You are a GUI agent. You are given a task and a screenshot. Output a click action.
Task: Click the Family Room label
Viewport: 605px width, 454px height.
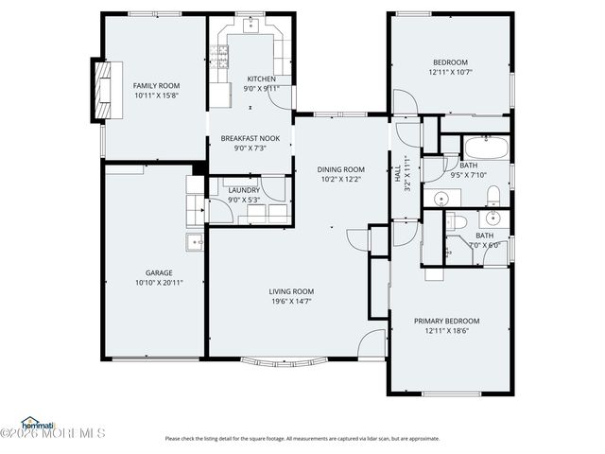(x=156, y=85)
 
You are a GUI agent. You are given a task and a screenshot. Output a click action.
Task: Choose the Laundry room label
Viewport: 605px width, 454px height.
(x=244, y=190)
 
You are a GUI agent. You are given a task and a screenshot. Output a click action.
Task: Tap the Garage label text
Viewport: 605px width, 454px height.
(x=158, y=272)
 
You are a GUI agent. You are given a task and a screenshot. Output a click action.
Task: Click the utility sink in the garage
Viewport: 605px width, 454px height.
(x=196, y=242)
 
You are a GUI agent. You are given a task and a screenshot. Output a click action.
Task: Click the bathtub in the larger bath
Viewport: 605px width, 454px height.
(x=487, y=148)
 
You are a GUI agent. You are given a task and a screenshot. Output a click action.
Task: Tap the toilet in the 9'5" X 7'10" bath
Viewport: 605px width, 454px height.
(x=493, y=196)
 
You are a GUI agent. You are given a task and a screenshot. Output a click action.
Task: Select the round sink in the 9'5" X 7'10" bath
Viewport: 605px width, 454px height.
(x=441, y=199)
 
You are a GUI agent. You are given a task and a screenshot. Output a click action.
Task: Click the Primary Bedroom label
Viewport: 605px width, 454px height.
(x=446, y=321)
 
